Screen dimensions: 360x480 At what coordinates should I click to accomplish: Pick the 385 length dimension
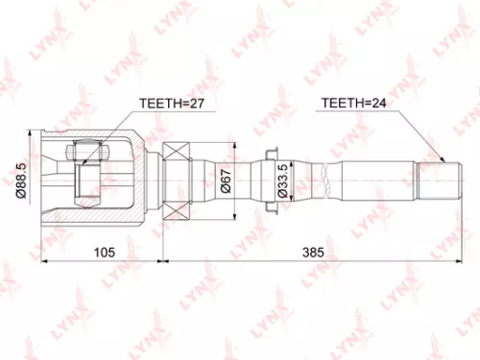pos(312,252)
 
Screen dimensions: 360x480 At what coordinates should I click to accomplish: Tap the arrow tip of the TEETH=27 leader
pos(88,144)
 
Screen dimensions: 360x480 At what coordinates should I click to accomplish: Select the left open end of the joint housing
pos(45,179)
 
